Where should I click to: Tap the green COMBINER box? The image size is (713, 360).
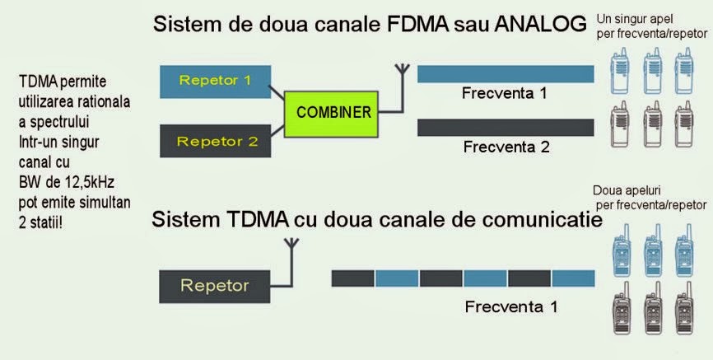tap(334, 112)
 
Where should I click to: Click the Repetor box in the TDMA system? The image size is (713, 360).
tap(214, 286)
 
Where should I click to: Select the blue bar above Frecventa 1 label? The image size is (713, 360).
tap(505, 74)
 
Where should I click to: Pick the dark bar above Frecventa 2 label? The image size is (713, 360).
tap(505, 128)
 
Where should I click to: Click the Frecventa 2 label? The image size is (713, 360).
tap(505, 148)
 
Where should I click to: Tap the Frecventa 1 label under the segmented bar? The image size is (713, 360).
tap(511, 307)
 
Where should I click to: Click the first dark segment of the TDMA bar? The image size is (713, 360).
tap(352, 278)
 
